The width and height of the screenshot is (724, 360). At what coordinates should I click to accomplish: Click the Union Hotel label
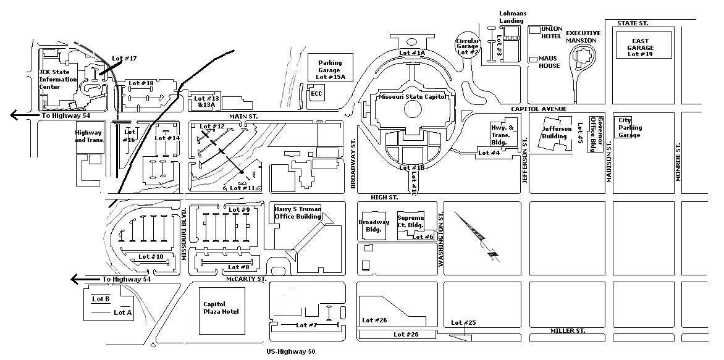(551, 32)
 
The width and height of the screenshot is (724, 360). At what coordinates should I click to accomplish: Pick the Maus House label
(549, 62)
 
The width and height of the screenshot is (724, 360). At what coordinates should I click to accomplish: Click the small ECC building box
(317, 94)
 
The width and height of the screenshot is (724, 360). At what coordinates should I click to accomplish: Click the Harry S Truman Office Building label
(298, 212)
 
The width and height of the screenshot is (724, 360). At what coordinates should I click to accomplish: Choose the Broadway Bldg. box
(374, 226)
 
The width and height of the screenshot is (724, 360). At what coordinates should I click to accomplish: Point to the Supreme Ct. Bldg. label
(411, 222)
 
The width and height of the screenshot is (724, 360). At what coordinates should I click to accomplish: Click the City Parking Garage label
(629, 127)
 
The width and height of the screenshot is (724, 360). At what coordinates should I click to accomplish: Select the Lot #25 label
(463, 323)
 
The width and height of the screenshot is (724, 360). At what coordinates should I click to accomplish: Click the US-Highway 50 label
(291, 352)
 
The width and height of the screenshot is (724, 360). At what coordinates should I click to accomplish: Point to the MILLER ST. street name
(568, 331)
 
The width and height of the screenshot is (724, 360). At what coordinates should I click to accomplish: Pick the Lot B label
(101, 299)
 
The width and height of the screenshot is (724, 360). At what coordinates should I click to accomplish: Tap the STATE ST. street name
(633, 23)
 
